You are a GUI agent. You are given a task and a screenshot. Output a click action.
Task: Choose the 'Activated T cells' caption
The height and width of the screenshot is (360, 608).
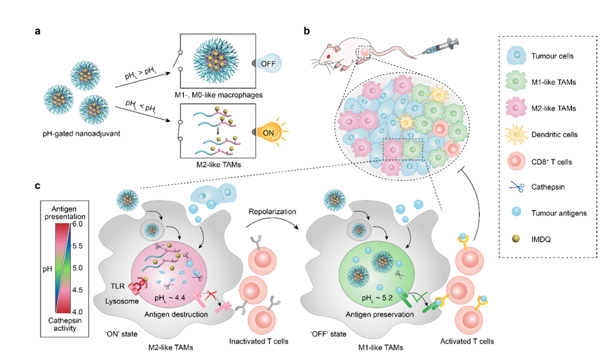pyautogui.click(x=465, y=340)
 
